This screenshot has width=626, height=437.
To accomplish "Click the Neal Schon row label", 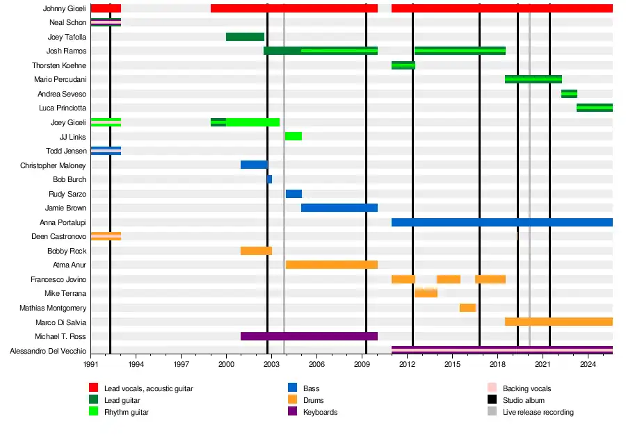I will tap(67, 22).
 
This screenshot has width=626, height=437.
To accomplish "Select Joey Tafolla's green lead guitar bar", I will tap(245, 37).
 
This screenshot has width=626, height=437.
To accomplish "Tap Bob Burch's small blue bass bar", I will tap(270, 179).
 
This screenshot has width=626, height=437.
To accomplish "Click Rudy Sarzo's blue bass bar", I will tap(294, 194).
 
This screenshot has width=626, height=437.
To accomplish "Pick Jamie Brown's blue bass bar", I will tap(339, 208).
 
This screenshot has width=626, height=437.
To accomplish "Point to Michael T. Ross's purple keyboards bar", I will tap(309, 336).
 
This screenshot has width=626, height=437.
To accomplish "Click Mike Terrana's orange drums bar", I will tap(426, 293).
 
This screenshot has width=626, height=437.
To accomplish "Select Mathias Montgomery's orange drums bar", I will tap(467, 308).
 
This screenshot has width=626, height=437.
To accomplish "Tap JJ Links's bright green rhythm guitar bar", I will tap(293, 136).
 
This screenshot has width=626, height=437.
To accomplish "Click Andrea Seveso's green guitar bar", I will tap(569, 94).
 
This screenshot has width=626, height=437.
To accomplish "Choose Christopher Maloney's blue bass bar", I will tap(254, 165).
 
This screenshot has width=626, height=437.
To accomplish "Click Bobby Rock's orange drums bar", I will tap(256, 251).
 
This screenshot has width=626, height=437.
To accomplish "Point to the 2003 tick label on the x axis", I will tap(271, 363).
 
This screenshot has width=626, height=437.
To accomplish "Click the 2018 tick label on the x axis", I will tap(497, 363).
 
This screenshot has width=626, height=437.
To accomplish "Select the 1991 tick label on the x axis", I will tap(90, 363).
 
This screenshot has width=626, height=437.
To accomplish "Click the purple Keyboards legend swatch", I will tap(292, 412).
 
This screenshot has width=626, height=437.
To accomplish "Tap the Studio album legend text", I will tap(524, 400).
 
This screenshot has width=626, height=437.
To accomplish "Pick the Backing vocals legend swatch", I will tap(491, 388).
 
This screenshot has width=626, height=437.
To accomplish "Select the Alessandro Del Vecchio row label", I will tap(48, 351).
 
